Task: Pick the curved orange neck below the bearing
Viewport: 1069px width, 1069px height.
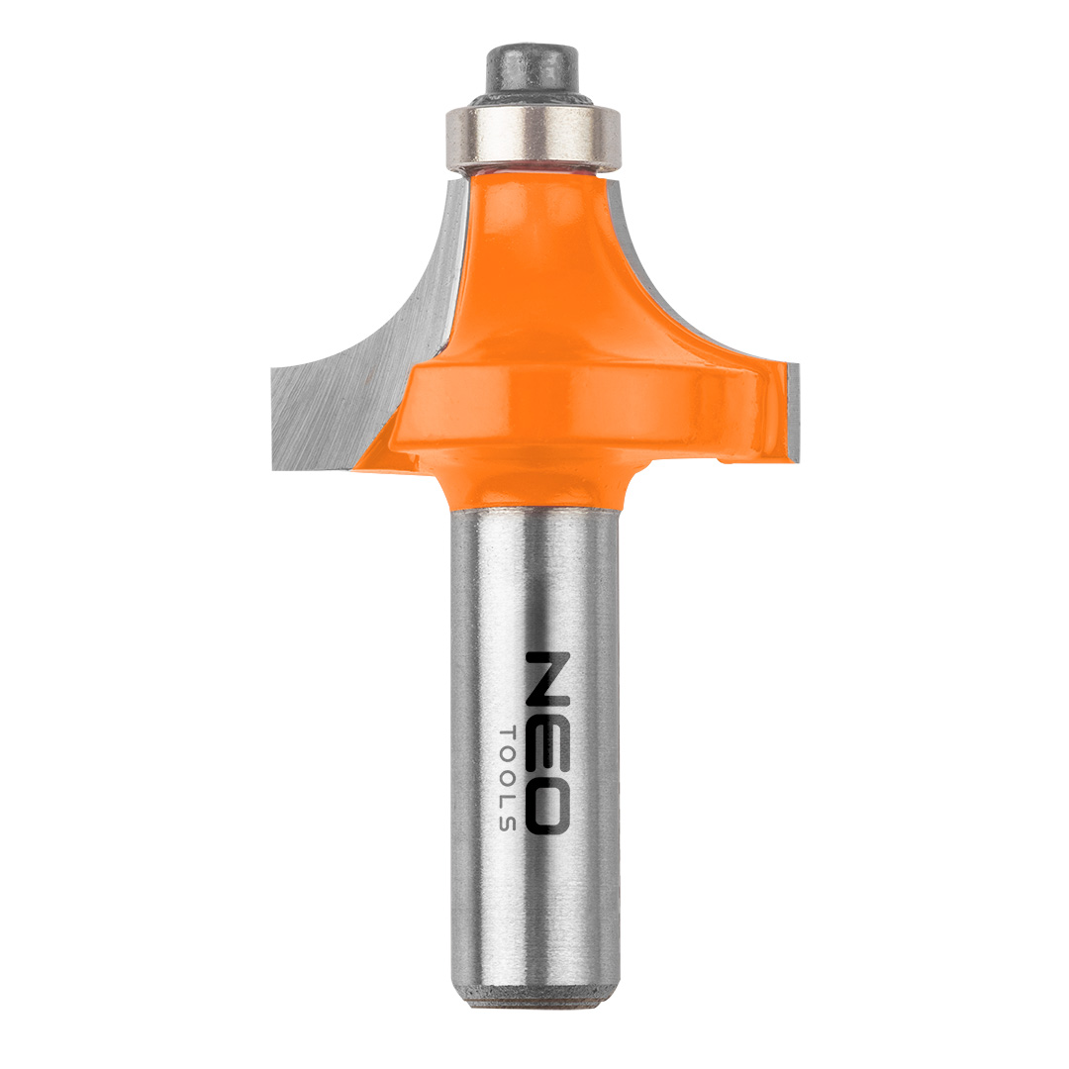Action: pos(538,266)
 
